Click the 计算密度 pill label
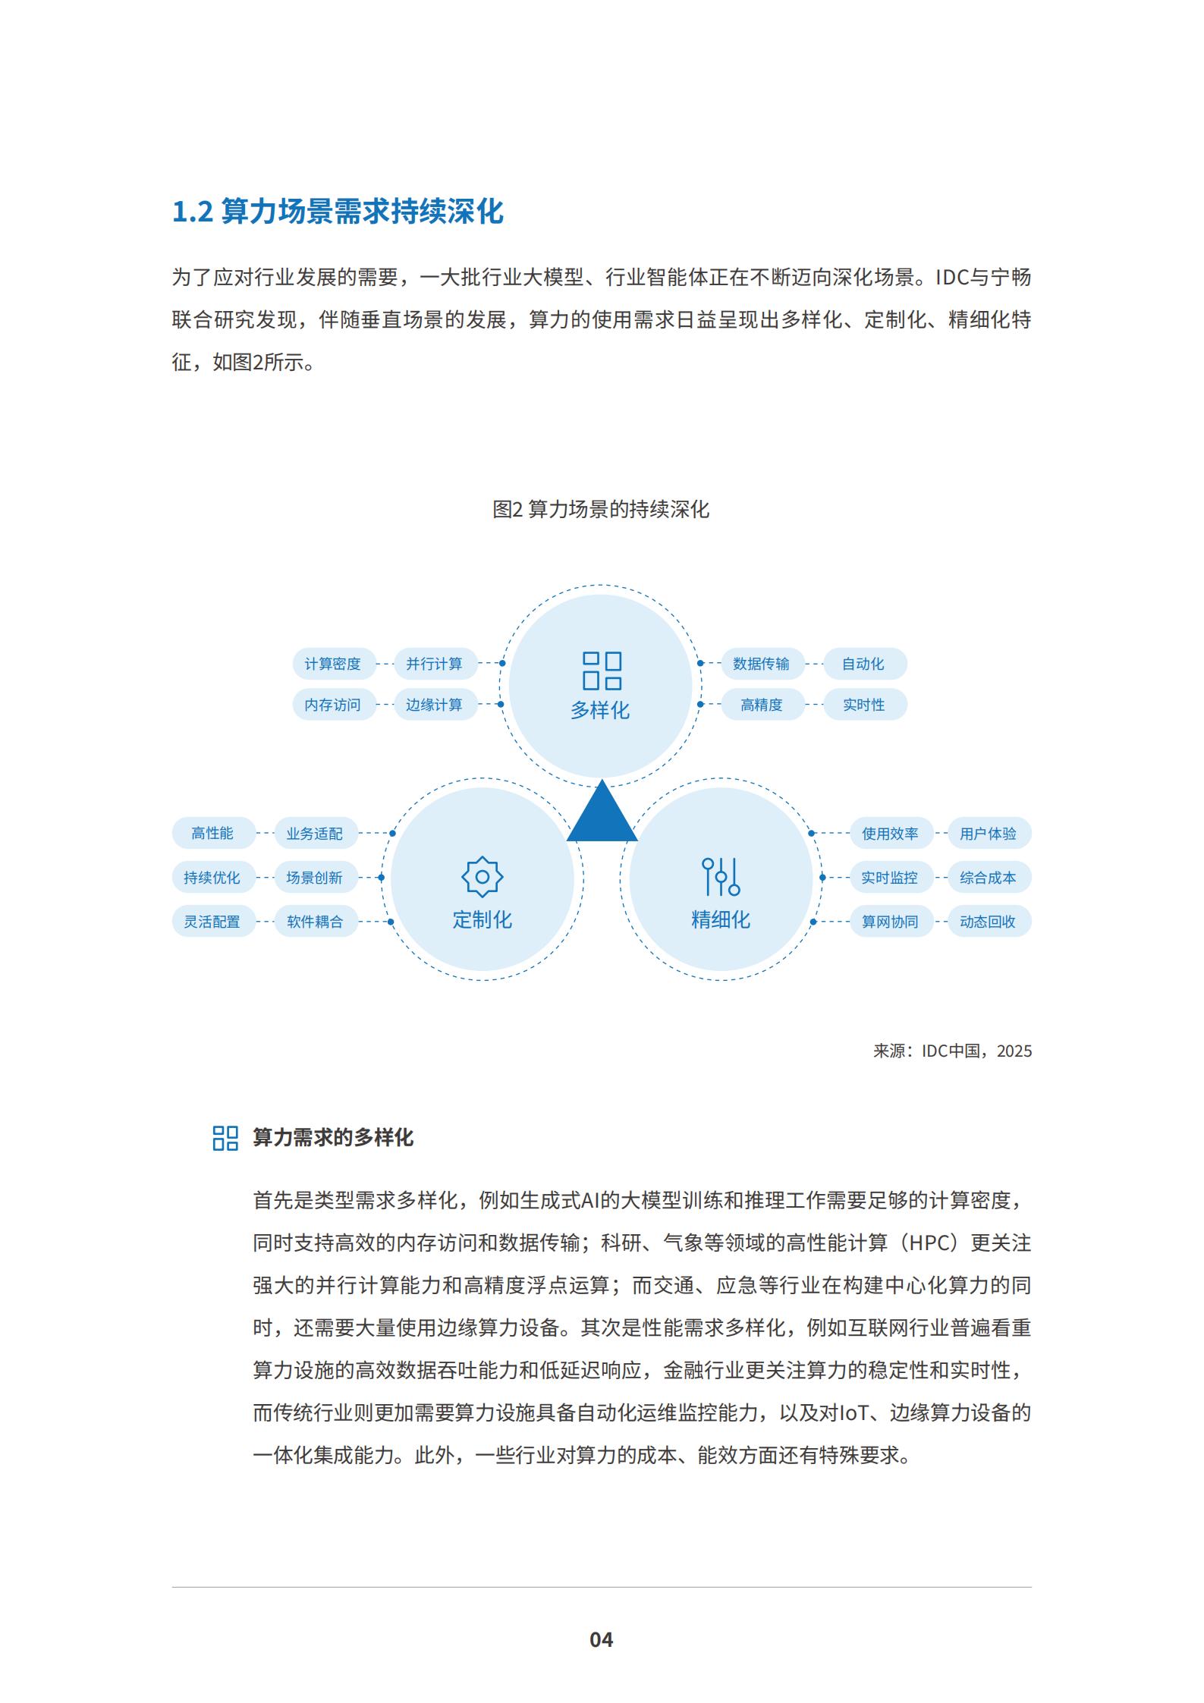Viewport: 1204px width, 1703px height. pyautogui.click(x=333, y=664)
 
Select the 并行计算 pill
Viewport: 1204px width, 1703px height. pyautogui.click(x=434, y=664)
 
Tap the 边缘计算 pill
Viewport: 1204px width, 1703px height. pyautogui.click(x=434, y=705)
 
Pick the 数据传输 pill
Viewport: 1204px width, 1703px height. pyautogui.click(x=761, y=664)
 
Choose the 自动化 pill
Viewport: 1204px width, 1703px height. pyautogui.click(x=863, y=664)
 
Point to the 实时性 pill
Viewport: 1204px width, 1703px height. pyautogui.click(x=863, y=705)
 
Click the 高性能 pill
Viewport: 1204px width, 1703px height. pyautogui.click(x=212, y=833)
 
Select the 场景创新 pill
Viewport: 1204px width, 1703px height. pyautogui.click(x=315, y=878)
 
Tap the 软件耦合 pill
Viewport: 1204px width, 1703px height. pyautogui.click(x=315, y=922)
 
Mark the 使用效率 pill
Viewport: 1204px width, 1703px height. pyautogui.click(x=890, y=833)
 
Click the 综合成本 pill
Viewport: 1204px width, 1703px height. pyautogui.click(x=988, y=878)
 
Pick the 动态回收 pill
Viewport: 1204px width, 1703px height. pyautogui.click(x=988, y=922)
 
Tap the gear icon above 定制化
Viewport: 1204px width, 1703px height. pyautogui.click(x=483, y=878)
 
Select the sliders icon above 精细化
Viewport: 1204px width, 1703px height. pyautogui.click(x=721, y=877)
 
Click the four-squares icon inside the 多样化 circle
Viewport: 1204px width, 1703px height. pyautogui.click(x=602, y=671)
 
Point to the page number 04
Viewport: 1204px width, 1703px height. pyautogui.click(x=602, y=1639)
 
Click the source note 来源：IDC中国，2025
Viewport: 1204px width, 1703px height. pyautogui.click(x=952, y=1051)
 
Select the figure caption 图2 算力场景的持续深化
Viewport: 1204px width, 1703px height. pyautogui.click(x=601, y=509)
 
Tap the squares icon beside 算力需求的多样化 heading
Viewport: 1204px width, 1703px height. pyautogui.click(x=225, y=1138)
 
